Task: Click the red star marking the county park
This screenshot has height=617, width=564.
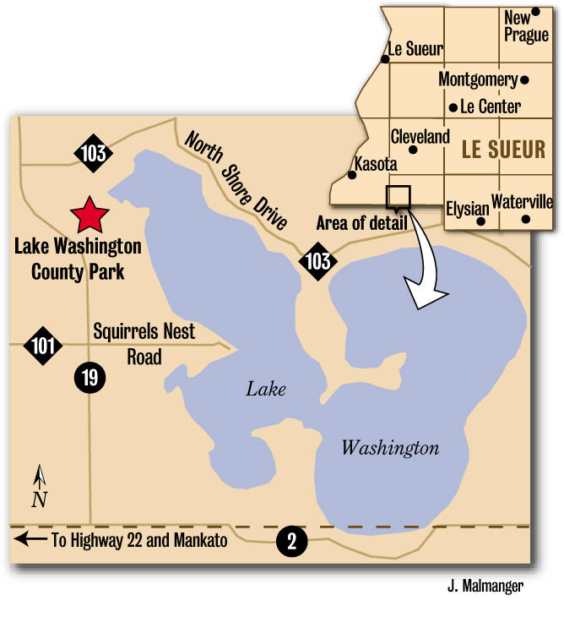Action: pyautogui.click(x=89, y=216)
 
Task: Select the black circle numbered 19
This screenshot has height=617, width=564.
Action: pyautogui.click(x=89, y=377)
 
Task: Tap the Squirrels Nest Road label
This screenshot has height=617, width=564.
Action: pyautogui.click(x=144, y=342)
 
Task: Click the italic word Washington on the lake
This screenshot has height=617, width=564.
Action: pyautogui.click(x=390, y=448)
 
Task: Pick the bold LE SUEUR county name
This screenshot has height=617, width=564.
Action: pyautogui.click(x=503, y=150)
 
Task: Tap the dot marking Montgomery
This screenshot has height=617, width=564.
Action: pyautogui.click(x=524, y=80)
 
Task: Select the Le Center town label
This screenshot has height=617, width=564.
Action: pyautogui.click(x=490, y=107)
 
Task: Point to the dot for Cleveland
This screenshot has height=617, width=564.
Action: pyautogui.click(x=413, y=150)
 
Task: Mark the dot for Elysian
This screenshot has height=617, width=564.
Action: pyautogui.click(x=481, y=221)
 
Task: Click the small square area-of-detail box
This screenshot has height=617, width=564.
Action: pyautogui.click(x=398, y=196)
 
